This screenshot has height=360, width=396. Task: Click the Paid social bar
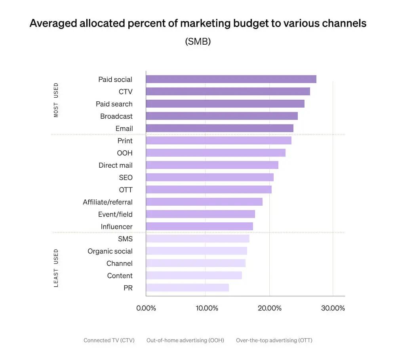pos(231,79)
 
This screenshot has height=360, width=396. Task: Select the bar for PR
pos(187,288)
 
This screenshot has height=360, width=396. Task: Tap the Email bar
pos(219,128)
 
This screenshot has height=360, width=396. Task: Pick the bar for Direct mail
pos(212,165)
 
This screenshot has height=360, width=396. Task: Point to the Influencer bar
pos(199,226)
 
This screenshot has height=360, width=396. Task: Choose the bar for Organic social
pos(196,251)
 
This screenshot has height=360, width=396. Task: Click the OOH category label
pos(125,153)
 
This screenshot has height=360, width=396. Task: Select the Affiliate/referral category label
pos(108,202)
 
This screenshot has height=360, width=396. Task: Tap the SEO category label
pos(126,178)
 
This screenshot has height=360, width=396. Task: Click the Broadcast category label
pos(116,116)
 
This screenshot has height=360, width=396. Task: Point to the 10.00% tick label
pos(205,308)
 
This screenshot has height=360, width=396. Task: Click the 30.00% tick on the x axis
pos(333,308)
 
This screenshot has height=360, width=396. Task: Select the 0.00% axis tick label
pos(146,308)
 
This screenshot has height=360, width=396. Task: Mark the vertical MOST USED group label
pos(56,100)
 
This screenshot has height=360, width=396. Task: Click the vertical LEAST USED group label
pos(56,268)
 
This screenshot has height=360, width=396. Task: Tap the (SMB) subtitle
pos(198,41)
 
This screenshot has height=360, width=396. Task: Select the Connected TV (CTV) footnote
pos(109,340)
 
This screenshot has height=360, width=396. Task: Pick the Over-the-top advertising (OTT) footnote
pos(274,340)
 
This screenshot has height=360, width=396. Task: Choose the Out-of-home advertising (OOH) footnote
pos(185,340)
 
